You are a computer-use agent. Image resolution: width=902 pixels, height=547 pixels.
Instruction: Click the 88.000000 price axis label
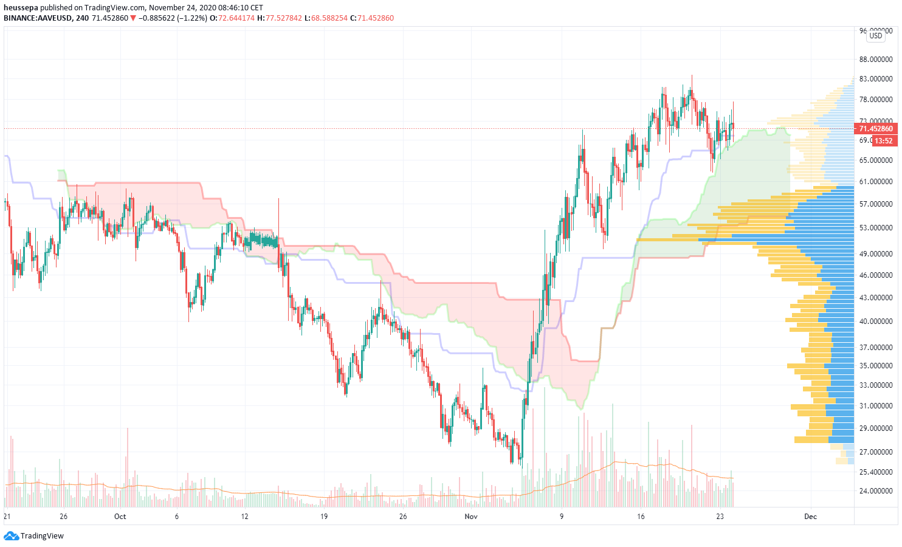tap(876, 60)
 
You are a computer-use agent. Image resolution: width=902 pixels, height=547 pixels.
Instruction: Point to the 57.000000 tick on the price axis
tap(876, 204)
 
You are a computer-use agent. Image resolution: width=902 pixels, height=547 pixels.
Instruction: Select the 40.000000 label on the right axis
tap(876, 322)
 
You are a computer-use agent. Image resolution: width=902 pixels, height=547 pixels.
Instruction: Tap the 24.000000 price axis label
tap(876, 491)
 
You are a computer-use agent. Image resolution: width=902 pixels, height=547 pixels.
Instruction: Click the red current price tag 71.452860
tap(875, 129)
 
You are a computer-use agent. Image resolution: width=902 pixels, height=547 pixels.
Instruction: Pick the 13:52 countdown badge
tap(884, 141)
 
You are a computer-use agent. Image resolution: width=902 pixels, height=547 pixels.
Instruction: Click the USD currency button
tap(875, 36)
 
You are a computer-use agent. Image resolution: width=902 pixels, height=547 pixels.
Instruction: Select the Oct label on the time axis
tap(120, 517)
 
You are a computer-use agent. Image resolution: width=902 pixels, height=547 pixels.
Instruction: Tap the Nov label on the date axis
tap(471, 517)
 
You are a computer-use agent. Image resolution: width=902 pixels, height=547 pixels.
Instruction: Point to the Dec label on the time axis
tap(810, 517)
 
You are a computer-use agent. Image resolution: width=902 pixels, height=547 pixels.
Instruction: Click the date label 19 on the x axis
tap(324, 517)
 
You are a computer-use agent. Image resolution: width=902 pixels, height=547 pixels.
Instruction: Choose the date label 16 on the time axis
tap(641, 517)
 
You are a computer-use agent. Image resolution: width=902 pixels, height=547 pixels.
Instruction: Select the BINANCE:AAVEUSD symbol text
tap(38, 18)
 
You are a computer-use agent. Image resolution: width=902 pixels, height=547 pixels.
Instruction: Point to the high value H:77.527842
tap(280, 18)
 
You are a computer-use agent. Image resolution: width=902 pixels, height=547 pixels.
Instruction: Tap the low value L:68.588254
tap(329, 18)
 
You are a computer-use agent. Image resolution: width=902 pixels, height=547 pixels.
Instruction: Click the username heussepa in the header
tap(21, 8)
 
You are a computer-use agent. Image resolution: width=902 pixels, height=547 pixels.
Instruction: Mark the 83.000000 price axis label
tap(876, 79)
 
